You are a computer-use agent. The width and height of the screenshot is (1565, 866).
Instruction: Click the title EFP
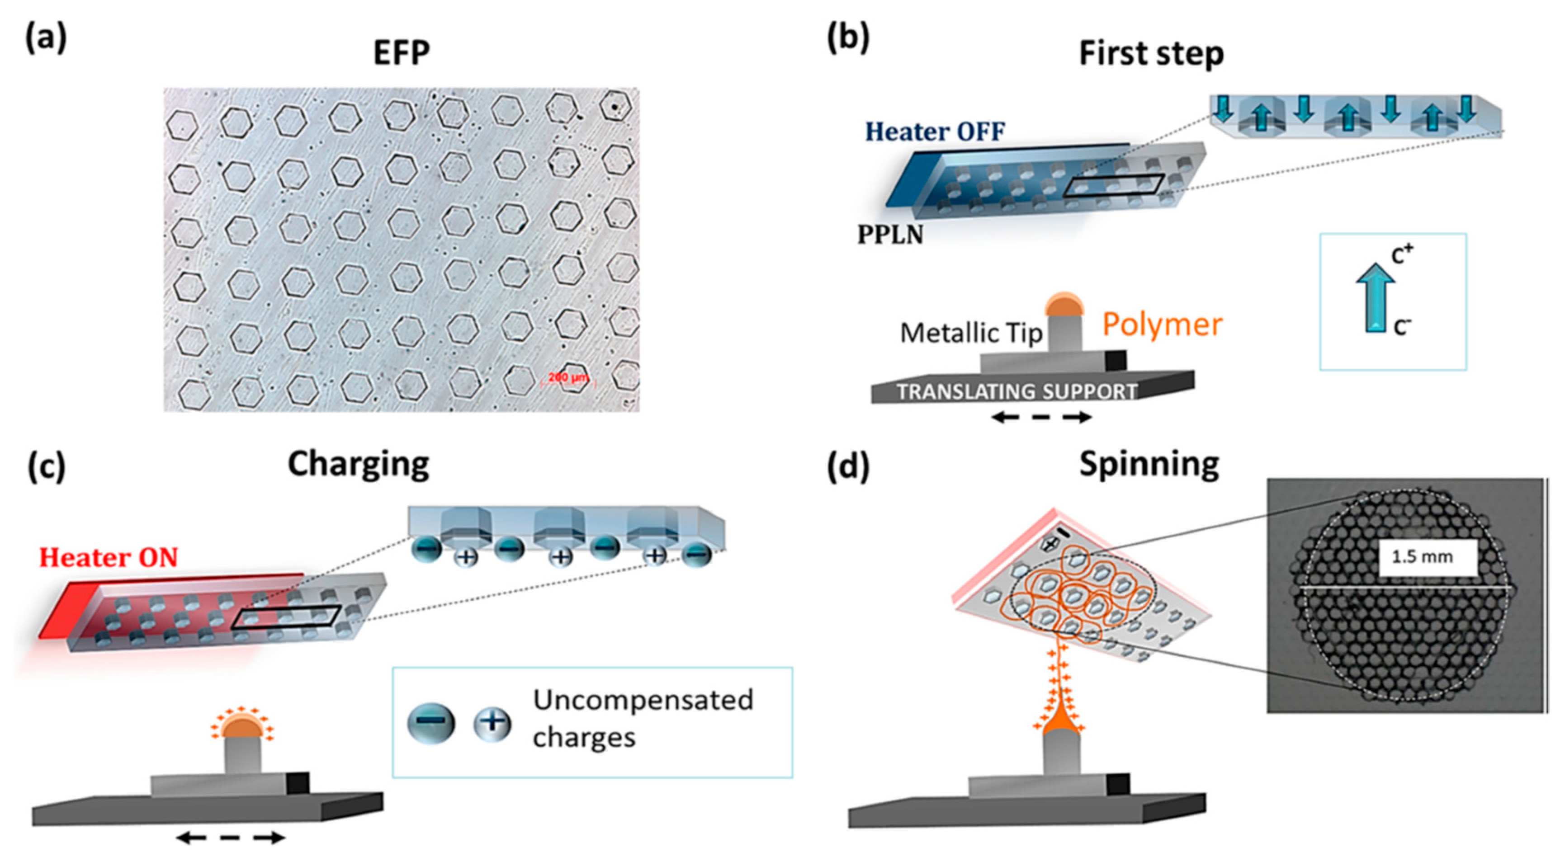click(x=402, y=53)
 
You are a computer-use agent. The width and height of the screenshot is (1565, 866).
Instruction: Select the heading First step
click(x=1151, y=54)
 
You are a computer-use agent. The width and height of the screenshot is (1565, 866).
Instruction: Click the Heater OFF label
click(x=935, y=131)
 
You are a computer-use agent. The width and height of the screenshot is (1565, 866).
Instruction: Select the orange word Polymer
click(x=1162, y=325)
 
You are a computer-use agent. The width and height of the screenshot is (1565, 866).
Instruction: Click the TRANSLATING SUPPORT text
click(x=1017, y=391)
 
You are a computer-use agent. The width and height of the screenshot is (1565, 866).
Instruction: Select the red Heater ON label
click(x=109, y=557)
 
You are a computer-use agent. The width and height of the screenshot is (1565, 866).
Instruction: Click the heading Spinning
click(x=1149, y=465)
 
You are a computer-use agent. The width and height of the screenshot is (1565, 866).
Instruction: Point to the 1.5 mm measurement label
click(x=1422, y=557)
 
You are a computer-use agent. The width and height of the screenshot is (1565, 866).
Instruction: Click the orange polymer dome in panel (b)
click(x=1063, y=304)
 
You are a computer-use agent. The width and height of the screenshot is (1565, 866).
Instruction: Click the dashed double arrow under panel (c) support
click(x=231, y=838)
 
